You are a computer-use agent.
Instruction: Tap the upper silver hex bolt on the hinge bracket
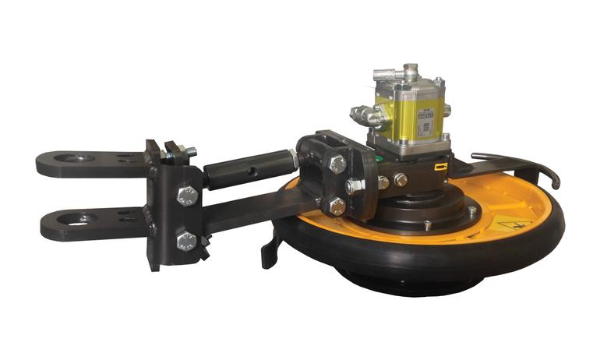(x=187, y=196)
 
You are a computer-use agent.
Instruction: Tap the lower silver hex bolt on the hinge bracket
(x=186, y=241)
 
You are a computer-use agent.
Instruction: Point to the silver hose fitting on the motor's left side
(x=366, y=116)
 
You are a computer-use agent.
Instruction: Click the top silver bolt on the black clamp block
(x=337, y=164)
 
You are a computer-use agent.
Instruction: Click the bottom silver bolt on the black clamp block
(x=337, y=206)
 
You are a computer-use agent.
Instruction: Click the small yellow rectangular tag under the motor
(x=443, y=164)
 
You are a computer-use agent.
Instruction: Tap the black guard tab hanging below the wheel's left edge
(x=270, y=250)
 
